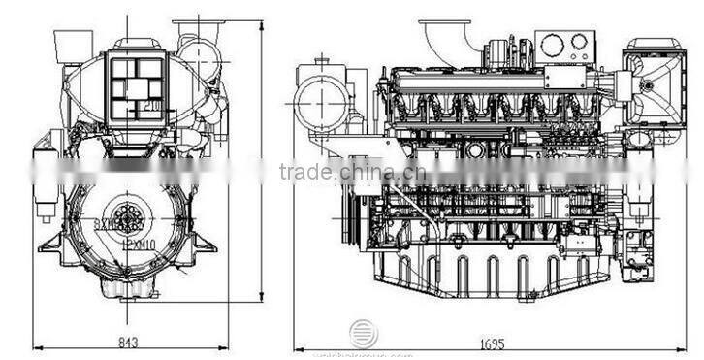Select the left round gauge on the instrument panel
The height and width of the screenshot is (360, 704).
553,45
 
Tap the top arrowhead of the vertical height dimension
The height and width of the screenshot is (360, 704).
262,21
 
